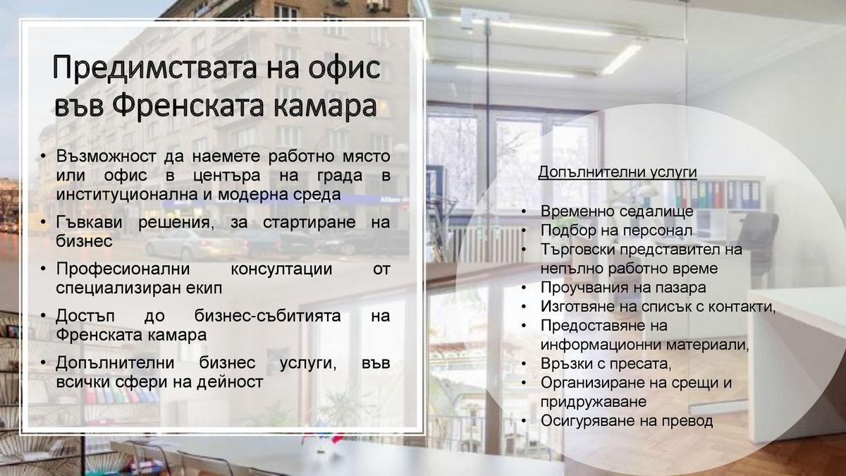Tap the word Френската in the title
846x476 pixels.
click(188, 106)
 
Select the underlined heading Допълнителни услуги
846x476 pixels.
click(618, 172)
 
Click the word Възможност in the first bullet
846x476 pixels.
click(106, 156)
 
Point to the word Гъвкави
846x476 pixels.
click(89, 222)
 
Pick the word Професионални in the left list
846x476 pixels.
click(123, 269)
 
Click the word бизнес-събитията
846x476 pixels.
click(267, 316)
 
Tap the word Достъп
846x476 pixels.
click(85, 316)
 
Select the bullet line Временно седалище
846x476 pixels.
click(617, 211)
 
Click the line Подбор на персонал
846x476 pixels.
click(616, 230)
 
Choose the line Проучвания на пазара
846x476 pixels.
click(623, 288)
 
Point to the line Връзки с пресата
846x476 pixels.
click(606, 364)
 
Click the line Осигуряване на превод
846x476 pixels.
click(627, 421)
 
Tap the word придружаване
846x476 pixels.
click(594, 401)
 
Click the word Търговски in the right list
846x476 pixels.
click(578, 250)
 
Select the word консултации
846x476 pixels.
click(281, 269)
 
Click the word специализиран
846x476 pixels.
click(118, 288)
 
